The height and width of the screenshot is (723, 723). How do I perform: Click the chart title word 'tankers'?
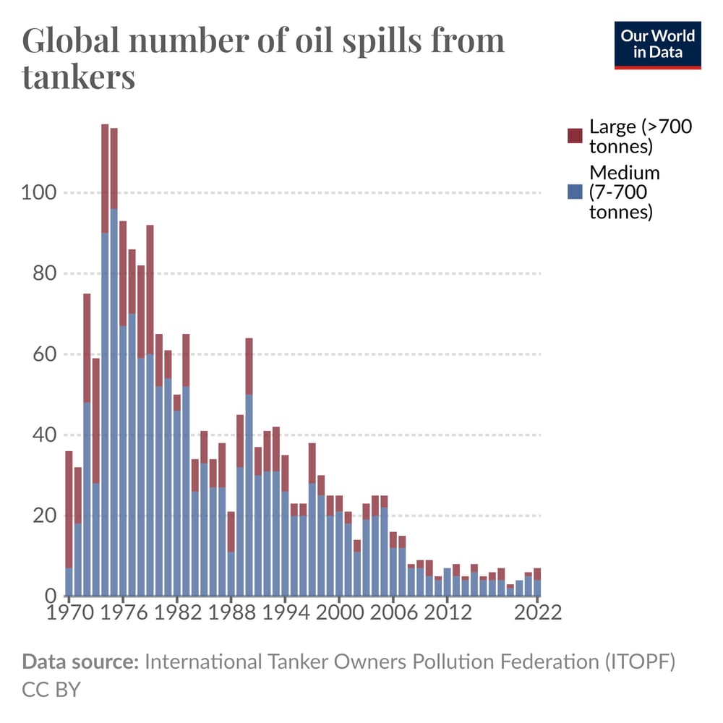[79, 76]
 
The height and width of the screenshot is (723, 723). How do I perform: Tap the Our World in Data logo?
[658, 45]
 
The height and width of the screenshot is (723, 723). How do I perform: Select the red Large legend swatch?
[575, 136]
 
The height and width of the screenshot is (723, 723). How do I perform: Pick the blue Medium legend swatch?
[575, 192]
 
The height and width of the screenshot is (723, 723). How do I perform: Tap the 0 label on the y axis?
[51, 596]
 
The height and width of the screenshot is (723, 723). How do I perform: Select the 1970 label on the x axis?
[69, 613]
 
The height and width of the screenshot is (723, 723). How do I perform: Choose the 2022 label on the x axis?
[536, 613]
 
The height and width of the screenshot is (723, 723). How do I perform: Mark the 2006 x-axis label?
[393, 613]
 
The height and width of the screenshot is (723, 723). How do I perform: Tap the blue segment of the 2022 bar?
[537, 588]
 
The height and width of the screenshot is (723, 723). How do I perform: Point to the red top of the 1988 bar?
[231, 531]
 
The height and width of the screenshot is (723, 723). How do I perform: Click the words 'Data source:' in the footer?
[80, 662]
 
